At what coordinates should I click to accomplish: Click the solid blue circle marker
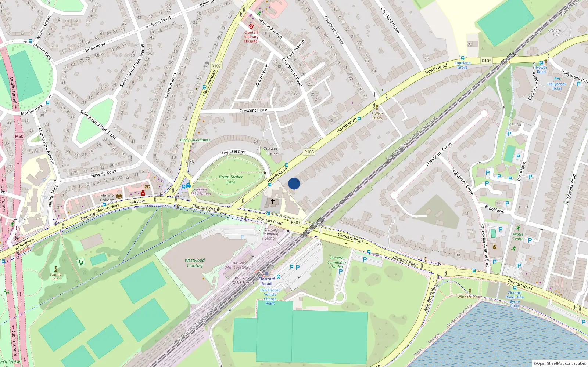point(294,183)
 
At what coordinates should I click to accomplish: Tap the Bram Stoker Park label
point(231,179)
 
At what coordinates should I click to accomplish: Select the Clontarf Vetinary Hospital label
point(251,37)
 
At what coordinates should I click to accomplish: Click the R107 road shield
point(216,66)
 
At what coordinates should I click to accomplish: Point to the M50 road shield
point(19,136)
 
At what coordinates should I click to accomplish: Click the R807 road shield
point(295,222)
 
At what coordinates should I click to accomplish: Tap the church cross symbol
point(273,201)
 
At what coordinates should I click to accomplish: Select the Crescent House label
point(272,151)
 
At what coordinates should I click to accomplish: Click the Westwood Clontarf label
point(195,263)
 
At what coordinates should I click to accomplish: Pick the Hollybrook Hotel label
point(557,86)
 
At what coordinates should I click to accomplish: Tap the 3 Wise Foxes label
point(377,116)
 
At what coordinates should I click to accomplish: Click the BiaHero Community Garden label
point(337,262)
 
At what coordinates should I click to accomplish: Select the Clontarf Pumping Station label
point(271,234)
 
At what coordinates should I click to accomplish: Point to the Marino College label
point(107,197)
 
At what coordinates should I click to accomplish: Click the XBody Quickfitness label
point(195,140)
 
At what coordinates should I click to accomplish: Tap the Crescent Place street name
point(253,110)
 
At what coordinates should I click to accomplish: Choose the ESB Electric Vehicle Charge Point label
point(270,297)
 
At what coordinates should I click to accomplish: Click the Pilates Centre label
point(518,236)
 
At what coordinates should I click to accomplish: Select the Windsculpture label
point(470,297)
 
